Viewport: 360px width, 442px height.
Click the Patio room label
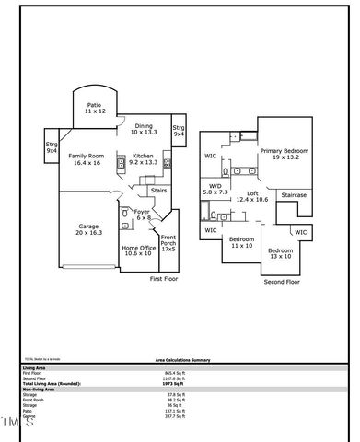(x=94, y=108)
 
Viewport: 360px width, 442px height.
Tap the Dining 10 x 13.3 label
(x=145, y=129)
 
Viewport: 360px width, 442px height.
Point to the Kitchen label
(x=144, y=159)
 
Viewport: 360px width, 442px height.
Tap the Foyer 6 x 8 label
(x=142, y=215)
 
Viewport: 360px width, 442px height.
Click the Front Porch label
(x=169, y=243)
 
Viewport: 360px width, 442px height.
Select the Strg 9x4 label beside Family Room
(x=52, y=147)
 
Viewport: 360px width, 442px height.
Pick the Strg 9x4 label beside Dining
(x=179, y=130)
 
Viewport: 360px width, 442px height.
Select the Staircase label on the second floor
(x=294, y=195)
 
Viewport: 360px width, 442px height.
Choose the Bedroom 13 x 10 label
(x=280, y=253)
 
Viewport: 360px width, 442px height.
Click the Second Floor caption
(x=283, y=282)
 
